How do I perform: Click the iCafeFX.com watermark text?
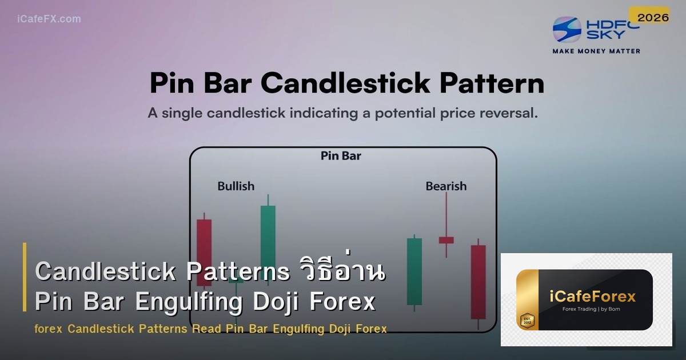click(49, 19)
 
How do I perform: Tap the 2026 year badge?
click(653, 18)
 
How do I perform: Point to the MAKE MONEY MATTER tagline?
click(596, 51)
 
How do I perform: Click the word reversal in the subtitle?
click(507, 113)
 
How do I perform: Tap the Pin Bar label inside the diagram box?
click(341, 155)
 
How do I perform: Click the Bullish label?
click(236, 186)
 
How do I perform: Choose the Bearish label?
click(446, 186)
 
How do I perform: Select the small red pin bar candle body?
click(446, 240)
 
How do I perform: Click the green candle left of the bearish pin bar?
click(414, 271)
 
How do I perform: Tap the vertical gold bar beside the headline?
click(25, 277)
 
